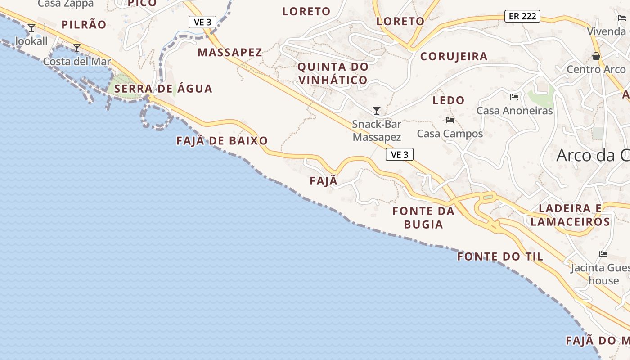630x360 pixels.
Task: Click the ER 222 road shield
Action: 522,16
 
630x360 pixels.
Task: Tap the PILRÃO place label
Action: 84,25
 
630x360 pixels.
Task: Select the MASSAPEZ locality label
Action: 229,52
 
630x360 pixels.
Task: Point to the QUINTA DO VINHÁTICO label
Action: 333,73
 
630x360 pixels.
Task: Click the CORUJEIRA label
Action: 454,56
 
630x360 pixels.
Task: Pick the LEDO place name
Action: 448,100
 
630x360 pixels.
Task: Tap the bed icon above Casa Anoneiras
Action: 514,97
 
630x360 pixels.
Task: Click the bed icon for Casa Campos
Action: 450,120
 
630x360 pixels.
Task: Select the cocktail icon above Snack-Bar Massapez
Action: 377,111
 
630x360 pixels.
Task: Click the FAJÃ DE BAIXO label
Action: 222,141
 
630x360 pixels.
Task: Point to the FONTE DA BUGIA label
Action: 423,217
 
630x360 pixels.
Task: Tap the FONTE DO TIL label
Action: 500,257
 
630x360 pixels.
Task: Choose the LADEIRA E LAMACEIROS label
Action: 570,215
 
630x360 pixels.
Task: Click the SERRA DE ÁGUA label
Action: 163,89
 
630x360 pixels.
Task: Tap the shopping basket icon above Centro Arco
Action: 596,57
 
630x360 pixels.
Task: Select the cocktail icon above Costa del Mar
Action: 77,48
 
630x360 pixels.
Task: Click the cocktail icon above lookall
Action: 31,28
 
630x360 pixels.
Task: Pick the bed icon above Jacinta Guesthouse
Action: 603,255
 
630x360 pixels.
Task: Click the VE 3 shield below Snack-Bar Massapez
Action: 399,155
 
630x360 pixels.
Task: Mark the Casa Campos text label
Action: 450,134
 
